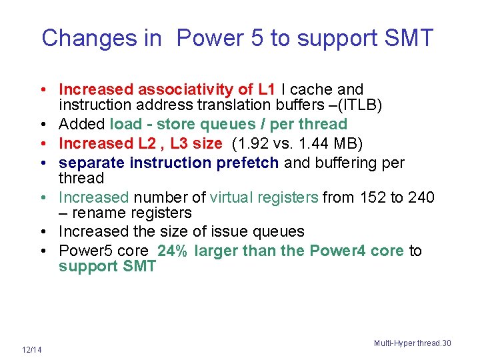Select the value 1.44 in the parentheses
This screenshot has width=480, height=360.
click(319, 143)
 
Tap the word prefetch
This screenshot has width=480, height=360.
click(250, 163)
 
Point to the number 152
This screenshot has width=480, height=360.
click(368, 197)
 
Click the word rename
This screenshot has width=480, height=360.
click(97, 213)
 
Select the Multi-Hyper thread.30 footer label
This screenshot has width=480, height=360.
click(412, 343)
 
